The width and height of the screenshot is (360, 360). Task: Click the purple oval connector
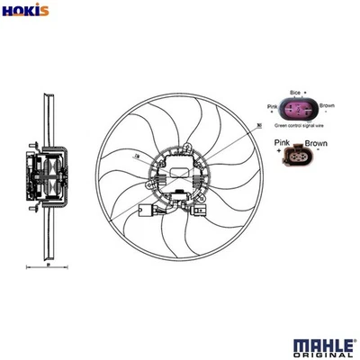296,113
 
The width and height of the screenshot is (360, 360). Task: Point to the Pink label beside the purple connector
273,107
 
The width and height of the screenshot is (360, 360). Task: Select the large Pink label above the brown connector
282,142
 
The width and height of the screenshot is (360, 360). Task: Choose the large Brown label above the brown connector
314,142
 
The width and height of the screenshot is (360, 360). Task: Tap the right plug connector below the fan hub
199,212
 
